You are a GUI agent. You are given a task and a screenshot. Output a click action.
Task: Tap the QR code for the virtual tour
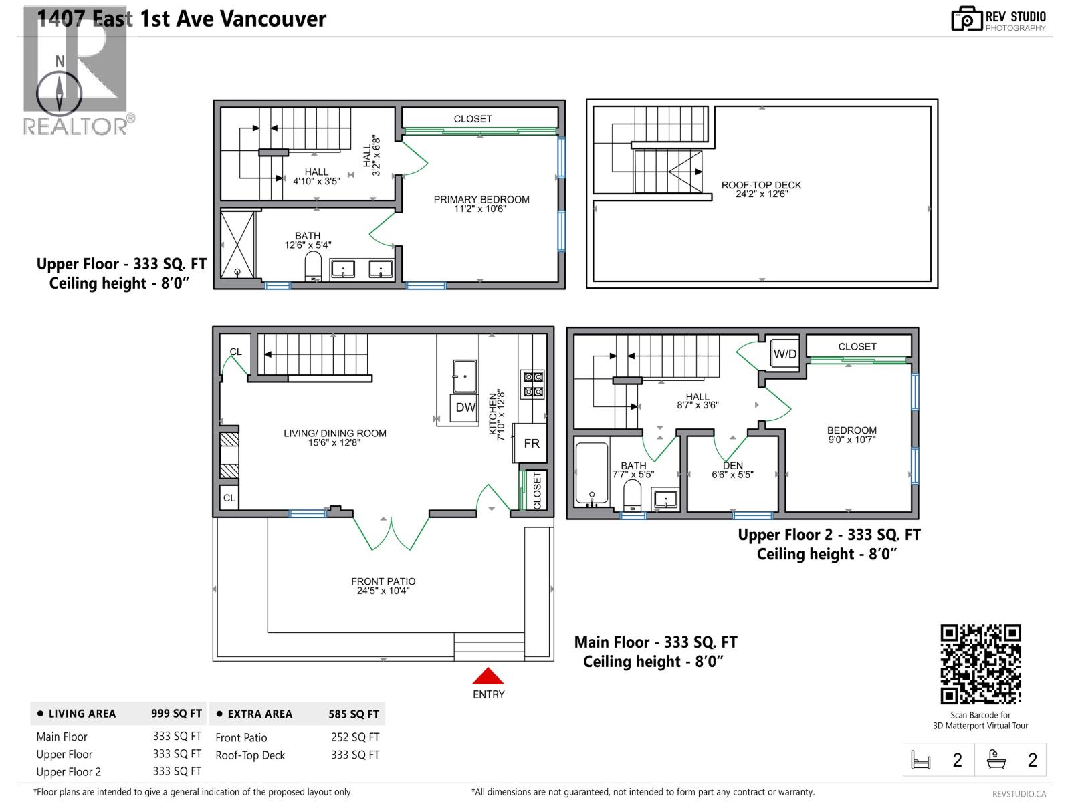(x=980, y=664)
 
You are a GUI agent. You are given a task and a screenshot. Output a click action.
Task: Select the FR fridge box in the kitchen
(x=530, y=443)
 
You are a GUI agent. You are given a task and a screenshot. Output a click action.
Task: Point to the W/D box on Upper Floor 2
(x=784, y=354)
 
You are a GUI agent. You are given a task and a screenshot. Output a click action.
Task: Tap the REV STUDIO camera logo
(x=966, y=19)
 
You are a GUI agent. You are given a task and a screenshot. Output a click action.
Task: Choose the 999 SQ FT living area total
(x=176, y=713)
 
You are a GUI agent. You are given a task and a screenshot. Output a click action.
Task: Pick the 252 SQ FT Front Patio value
(x=355, y=737)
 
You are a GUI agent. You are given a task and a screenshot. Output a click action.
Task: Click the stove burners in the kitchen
(x=533, y=384)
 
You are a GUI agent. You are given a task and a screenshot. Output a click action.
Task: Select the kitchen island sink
(x=464, y=376)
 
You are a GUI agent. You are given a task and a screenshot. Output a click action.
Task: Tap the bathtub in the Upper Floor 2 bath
(x=592, y=473)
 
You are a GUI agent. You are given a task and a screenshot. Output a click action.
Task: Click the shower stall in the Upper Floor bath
(x=237, y=244)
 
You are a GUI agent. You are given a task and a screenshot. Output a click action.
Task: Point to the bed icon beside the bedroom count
(x=920, y=759)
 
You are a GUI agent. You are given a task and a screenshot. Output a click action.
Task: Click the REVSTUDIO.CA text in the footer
(x=1019, y=794)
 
